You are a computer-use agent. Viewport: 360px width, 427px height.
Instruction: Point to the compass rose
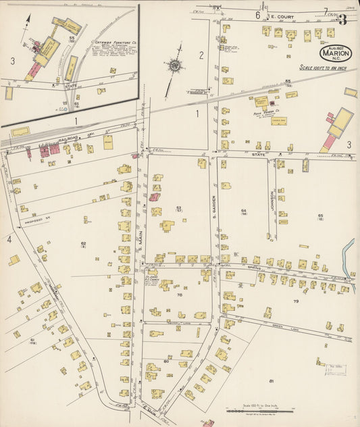[175, 66]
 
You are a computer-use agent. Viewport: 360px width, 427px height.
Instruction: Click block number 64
[244, 211]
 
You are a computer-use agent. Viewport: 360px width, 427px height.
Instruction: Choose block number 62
[83, 243]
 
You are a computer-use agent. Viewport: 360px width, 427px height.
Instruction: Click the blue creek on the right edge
[349, 260]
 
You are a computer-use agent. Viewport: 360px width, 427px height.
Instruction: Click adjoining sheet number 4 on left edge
[9, 239]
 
